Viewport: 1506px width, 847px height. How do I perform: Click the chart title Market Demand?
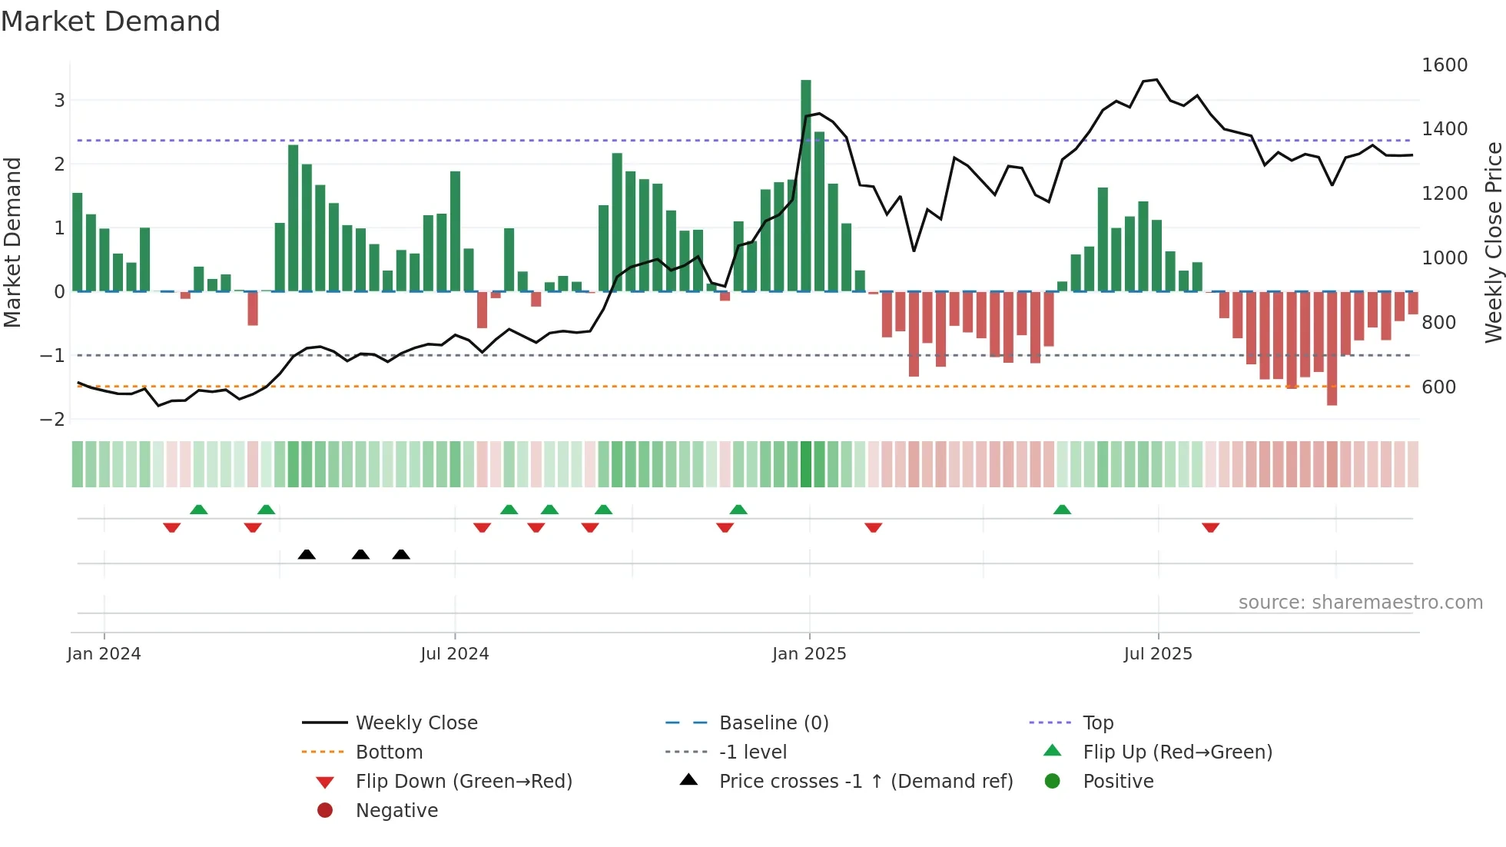[x=111, y=21]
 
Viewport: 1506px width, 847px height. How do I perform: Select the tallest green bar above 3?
[x=805, y=184]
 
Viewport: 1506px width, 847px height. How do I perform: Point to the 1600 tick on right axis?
[x=1444, y=65]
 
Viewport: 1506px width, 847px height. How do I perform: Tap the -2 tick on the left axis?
[x=52, y=420]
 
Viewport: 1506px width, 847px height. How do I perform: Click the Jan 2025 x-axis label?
[x=808, y=654]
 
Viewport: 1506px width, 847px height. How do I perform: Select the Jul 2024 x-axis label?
[x=454, y=654]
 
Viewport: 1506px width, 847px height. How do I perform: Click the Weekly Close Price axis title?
[x=1493, y=242]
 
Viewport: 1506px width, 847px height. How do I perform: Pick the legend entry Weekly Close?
[x=416, y=723]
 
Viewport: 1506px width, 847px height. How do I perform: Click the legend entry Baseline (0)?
[x=773, y=723]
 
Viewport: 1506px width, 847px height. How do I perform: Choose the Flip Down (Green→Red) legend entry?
[x=463, y=782]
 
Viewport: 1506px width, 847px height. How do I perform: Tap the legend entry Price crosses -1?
[x=865, y=782]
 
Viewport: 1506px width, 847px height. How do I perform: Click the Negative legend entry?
[x=396, y=811]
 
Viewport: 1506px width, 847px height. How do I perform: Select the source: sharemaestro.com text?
[x=1360, y=603]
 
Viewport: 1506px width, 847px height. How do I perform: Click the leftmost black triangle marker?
[x=307, y=554]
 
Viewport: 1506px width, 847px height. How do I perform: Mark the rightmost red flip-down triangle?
[x=1210, y=527]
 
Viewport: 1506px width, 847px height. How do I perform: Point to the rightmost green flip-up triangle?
[x=1062, y=510]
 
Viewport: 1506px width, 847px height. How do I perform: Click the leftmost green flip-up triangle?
[x=198, y=510]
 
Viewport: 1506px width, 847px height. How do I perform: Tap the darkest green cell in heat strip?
[x=805, y=464]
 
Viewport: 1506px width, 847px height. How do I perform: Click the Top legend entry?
[x=1097, y=723]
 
